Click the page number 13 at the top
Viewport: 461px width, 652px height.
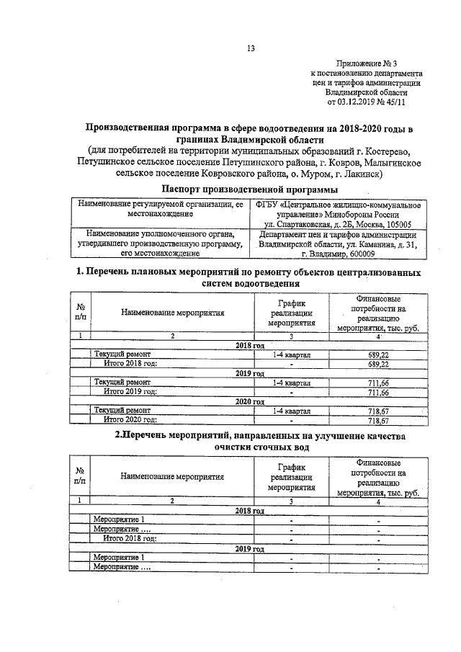click(x=251, y=48)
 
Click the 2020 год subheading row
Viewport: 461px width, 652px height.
click(x=250, y=402)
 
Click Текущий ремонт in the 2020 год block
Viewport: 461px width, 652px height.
click(x=122, y=411)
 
